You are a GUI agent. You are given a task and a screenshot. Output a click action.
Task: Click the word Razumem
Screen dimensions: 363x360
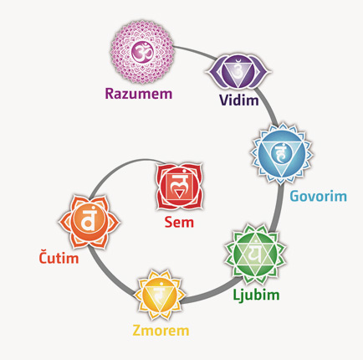click(x=139, y=94)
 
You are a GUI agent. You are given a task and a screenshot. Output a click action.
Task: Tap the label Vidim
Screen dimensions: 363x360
click(x=239, y=100)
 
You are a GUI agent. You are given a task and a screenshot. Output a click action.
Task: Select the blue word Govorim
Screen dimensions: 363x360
click(x=318, y=196)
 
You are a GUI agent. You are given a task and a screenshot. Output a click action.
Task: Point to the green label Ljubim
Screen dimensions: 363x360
click(x=256, y=296)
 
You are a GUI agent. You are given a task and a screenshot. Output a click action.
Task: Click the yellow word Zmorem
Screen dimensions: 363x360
click(x=161, y=331)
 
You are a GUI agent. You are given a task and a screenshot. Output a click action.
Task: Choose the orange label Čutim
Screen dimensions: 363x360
click(x=59, y=257)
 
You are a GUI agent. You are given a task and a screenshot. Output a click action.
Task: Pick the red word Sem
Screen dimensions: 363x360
click(x=179, y=223)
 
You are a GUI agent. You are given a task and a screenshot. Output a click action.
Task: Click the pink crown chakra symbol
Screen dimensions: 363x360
click(x=142, y=53)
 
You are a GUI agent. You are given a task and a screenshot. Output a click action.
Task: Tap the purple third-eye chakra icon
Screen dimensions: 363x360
click(x=238, y=72)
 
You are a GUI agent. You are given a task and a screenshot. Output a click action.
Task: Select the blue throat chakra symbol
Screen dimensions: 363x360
click(x=281, y=153)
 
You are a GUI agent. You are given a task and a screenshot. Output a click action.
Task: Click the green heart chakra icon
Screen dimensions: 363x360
click(x=255, y=255)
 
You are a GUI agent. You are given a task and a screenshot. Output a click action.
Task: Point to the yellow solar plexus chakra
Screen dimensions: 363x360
click(x=160, y=295)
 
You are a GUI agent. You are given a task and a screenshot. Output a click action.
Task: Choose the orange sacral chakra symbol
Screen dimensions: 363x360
click(x=89, y=222)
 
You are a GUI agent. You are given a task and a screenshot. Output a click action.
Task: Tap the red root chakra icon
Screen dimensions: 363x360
click(x=179, y=187)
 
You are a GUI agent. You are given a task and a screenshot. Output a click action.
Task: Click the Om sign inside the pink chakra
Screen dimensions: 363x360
click(x=142, y=53)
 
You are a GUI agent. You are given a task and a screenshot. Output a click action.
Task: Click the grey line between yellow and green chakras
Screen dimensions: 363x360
click(x=208, y=294)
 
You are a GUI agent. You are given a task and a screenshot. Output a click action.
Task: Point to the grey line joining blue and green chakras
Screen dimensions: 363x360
click(x=279, y=208)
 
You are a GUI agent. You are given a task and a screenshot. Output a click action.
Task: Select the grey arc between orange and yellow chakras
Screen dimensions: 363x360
click(x=107, y=275)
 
